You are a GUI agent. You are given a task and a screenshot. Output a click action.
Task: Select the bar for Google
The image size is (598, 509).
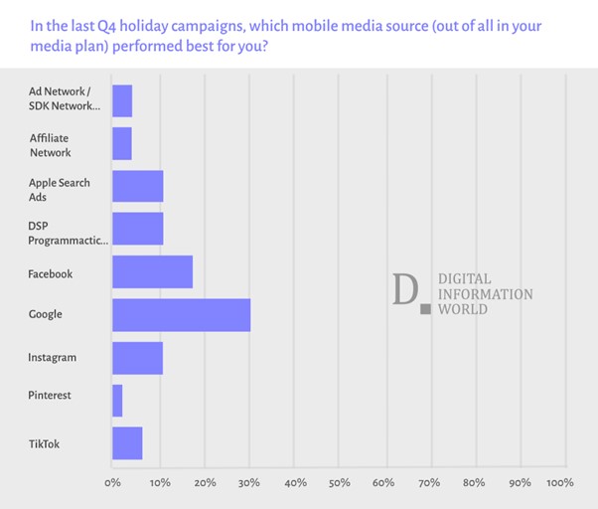(x=181, y=314)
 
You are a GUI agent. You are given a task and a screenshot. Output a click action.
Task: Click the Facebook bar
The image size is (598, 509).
(x=152, y=272)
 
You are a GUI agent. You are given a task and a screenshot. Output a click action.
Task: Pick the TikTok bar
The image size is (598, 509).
(x=127, y=443)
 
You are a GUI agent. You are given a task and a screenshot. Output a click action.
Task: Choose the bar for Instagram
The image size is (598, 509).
(x=137, y=357)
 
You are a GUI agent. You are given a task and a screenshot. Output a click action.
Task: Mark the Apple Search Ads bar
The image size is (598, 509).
(x=137, y=188)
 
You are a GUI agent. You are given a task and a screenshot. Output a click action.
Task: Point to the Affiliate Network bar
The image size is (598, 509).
(x=122, y=144)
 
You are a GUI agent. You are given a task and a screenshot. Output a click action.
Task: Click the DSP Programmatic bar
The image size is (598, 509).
(x=137, y=230)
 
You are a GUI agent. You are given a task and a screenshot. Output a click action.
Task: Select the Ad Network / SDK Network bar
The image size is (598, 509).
(x=122, y=101)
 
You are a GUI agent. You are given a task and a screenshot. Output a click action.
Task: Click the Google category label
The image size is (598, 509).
(x=45, y=314)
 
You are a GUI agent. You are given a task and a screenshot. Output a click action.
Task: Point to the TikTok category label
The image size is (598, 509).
(x=44, y=443)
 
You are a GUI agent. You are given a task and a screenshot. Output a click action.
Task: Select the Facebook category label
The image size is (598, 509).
(x=51, y=273)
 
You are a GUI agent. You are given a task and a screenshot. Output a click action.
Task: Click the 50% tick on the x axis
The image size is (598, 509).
(x=339, y=483)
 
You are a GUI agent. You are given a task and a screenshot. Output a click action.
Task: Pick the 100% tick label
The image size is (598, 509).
(x=559, y=483)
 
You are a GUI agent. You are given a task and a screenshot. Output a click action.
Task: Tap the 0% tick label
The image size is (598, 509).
(x=113, y=483)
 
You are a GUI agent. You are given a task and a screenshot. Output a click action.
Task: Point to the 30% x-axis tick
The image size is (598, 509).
(x=248, y=483)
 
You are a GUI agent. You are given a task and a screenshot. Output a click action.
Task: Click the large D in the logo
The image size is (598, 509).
(x=405, y=289)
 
